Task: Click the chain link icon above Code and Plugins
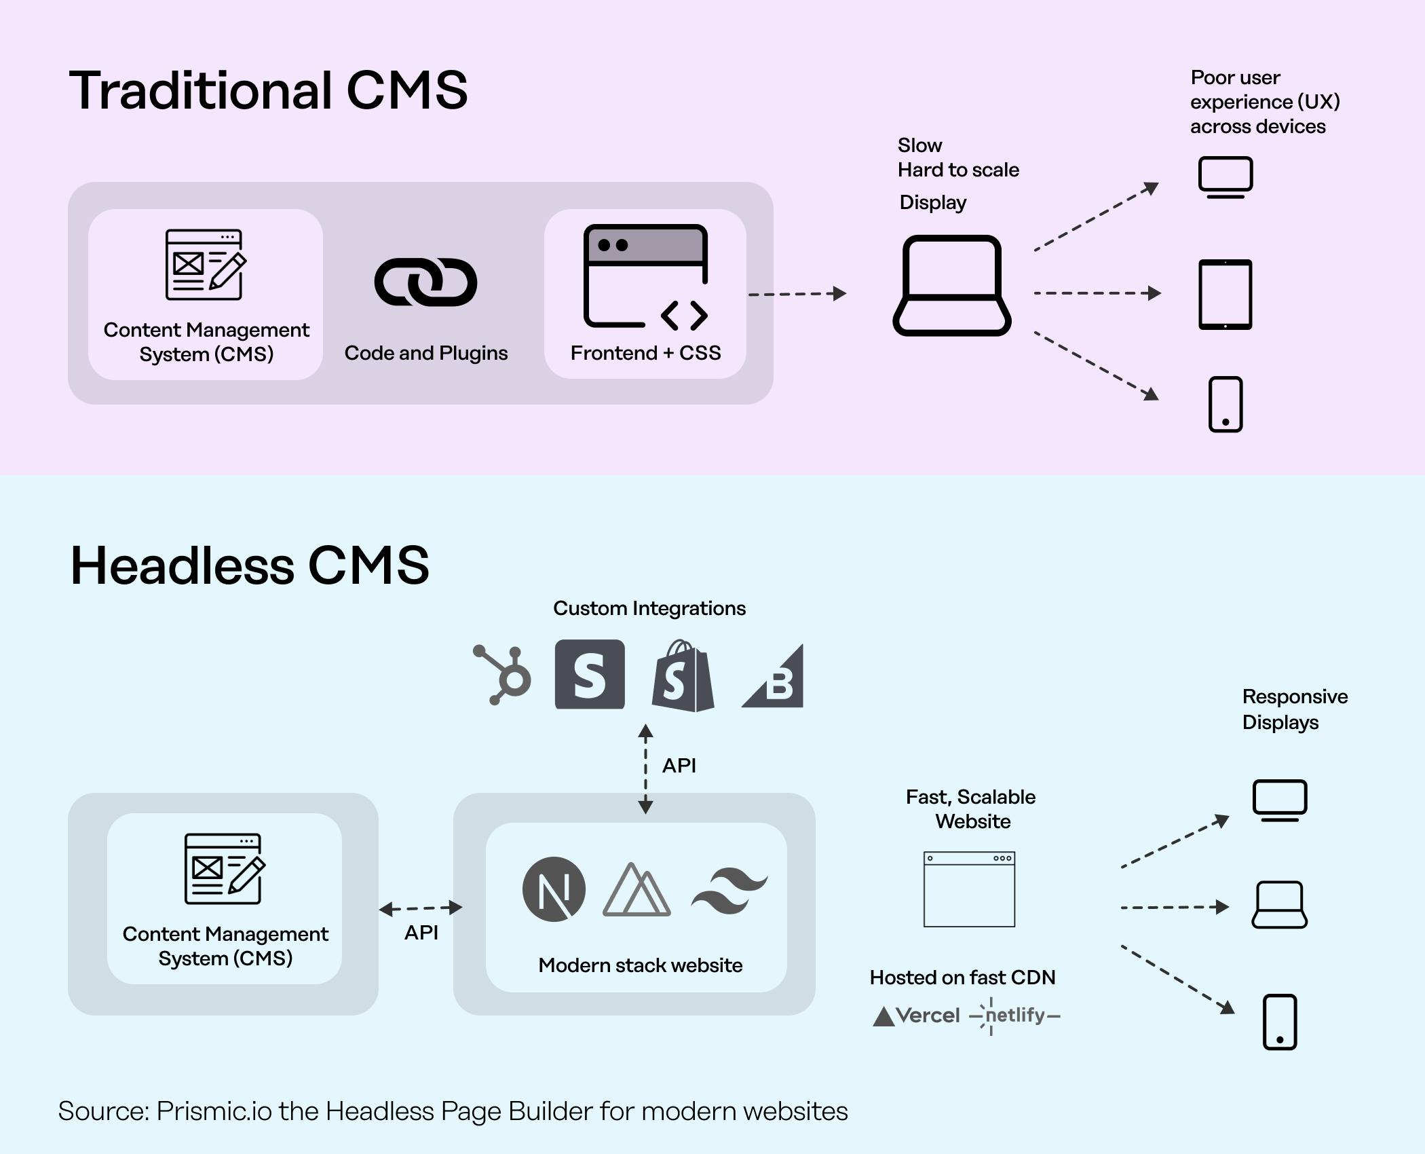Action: [x=425, y=282]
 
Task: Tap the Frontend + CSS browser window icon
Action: [x=645, y=276]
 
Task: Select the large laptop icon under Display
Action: [x=951, y=286]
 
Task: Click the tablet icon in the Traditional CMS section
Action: [x=1225, y=295]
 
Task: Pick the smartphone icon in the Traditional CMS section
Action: [x=1225, y=405]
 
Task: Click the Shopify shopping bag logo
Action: [x=683, y=676]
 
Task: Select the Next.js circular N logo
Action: [x=554, y=889]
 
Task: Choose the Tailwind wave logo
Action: [x=729, y=890]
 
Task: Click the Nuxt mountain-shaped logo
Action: [x=636, y=890]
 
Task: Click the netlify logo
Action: [x=1015, y=1016]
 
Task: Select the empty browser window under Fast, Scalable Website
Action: [x=969, y=889]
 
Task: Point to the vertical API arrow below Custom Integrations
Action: [x=645, y=768]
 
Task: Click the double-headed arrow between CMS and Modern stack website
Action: [x=421, y=908]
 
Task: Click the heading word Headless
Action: [x=183, y=565]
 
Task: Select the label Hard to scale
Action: [x=957, y=170]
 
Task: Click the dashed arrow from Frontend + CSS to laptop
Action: [x=797, y=294]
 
